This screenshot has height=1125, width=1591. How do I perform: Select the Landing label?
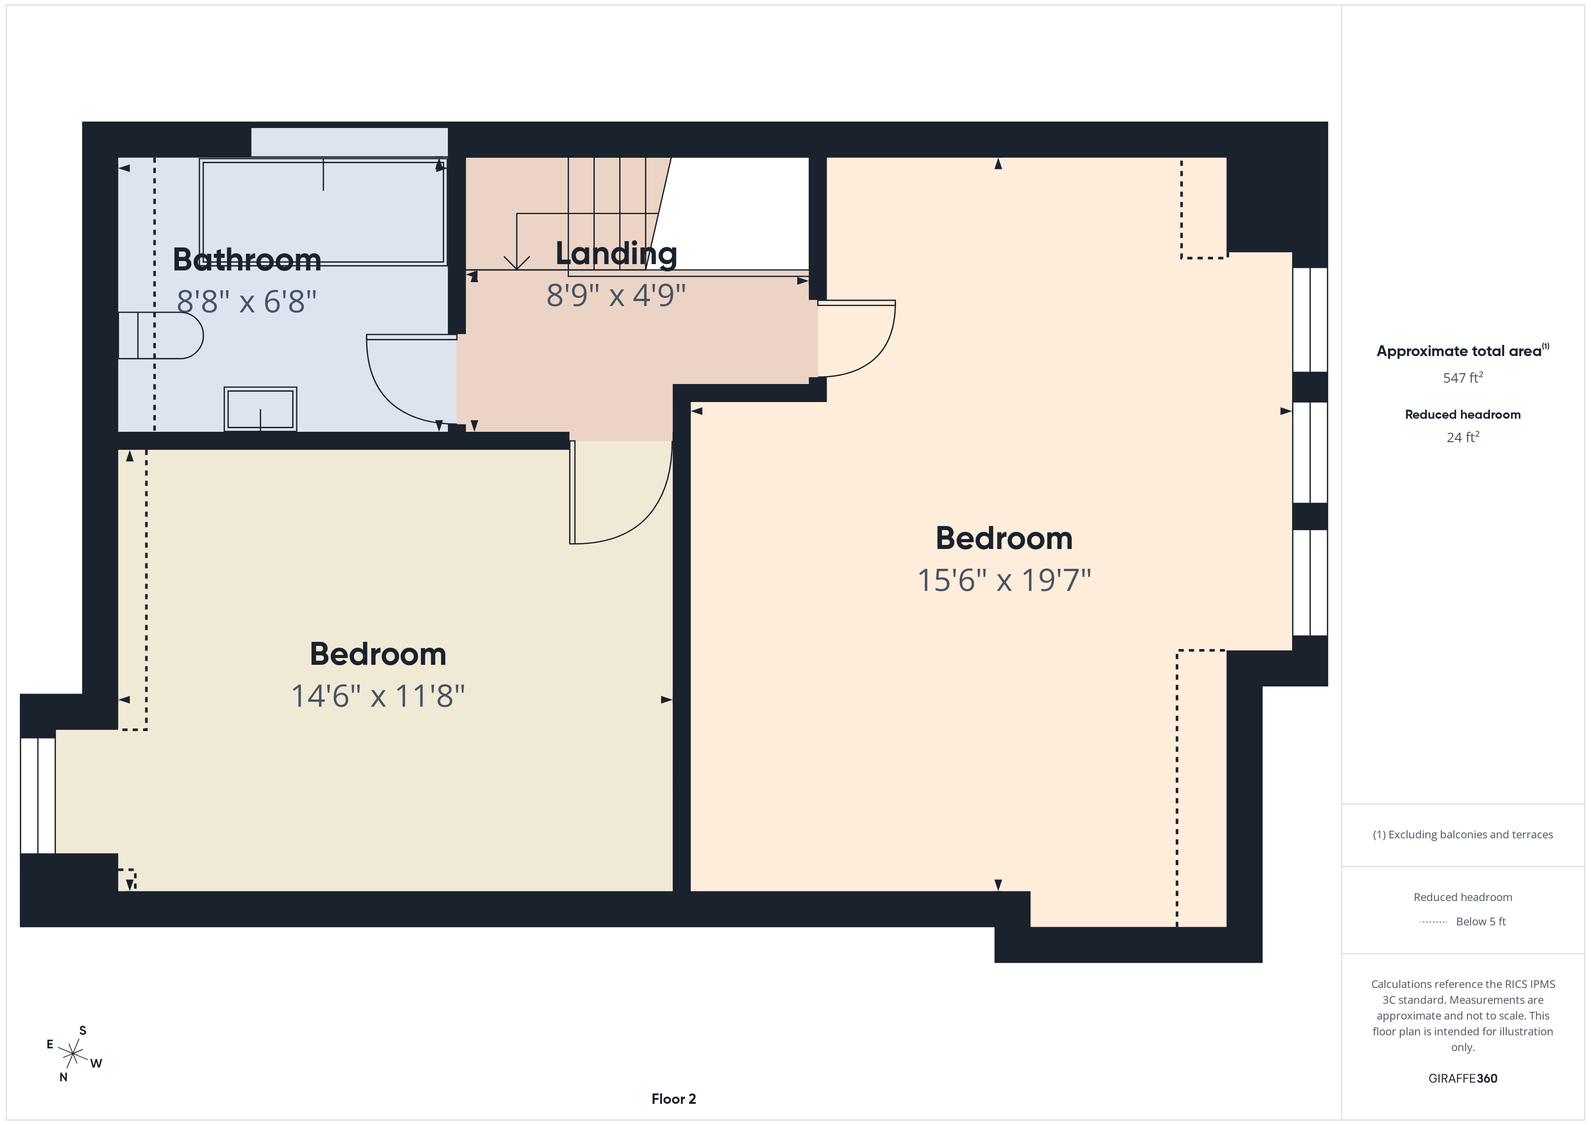click(616, 254)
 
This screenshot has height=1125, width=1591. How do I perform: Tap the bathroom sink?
click(261, 409)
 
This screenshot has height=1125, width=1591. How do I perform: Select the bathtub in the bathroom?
click(323, 212)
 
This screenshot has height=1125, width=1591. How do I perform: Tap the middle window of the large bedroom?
click(1310, 453)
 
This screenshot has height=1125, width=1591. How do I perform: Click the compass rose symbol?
click(73, 1054)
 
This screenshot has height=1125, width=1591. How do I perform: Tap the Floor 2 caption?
click(673, 1099)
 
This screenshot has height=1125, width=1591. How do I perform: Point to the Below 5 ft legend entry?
click(1480, 921)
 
